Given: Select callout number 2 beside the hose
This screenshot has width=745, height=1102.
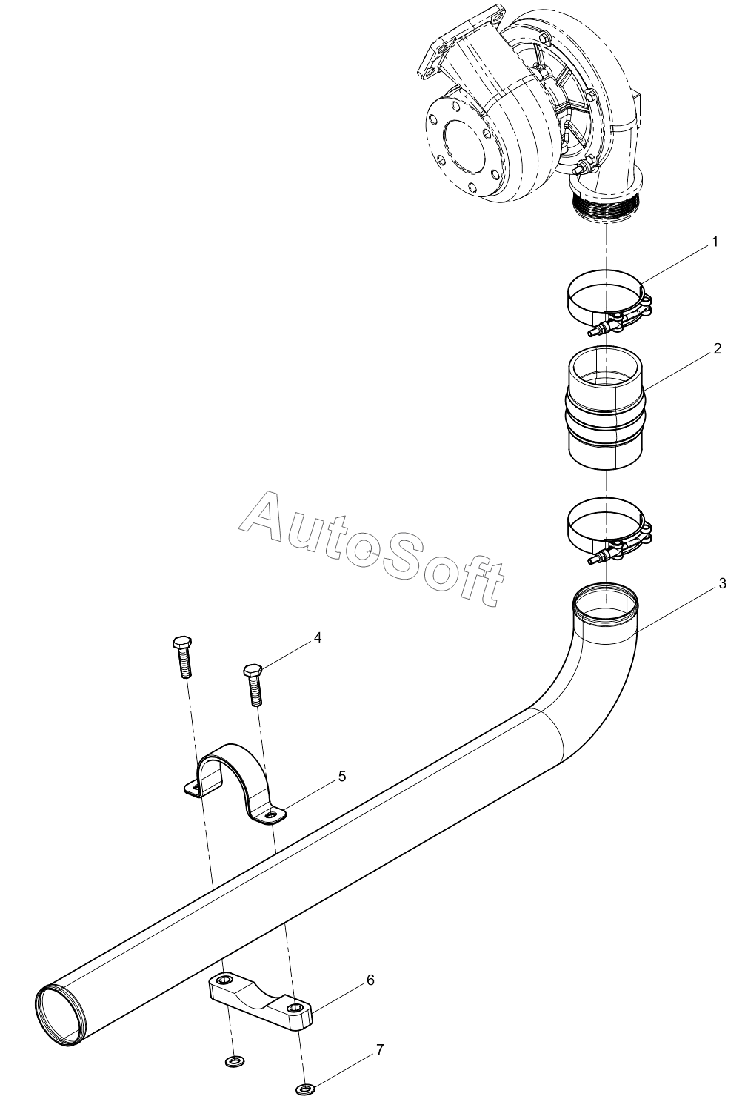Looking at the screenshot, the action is coord(717,349).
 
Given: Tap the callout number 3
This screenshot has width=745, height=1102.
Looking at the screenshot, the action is coord(722,583).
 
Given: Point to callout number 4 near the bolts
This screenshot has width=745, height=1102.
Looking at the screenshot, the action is coord(318,637).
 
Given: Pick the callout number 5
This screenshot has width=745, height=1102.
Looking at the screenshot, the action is coord(341,777).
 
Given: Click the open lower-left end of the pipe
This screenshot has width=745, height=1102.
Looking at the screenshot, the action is coord(60,1014).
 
